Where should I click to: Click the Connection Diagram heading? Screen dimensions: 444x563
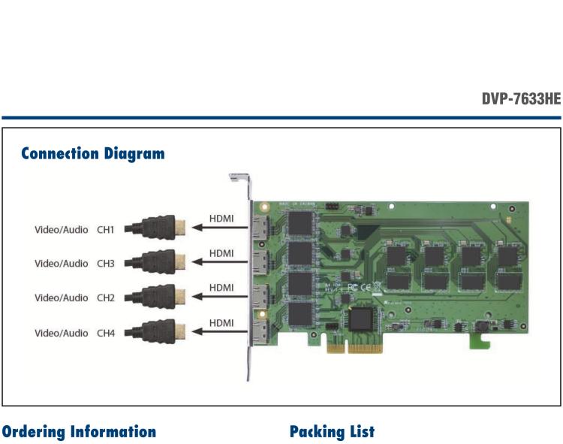coord(93,154)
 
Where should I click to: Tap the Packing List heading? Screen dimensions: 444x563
coord(332,432)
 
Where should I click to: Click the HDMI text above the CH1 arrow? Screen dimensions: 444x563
coord(221,218)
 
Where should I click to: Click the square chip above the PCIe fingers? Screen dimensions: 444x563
coord(363,319)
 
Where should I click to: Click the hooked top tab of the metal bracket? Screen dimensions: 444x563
coord(239,179)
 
